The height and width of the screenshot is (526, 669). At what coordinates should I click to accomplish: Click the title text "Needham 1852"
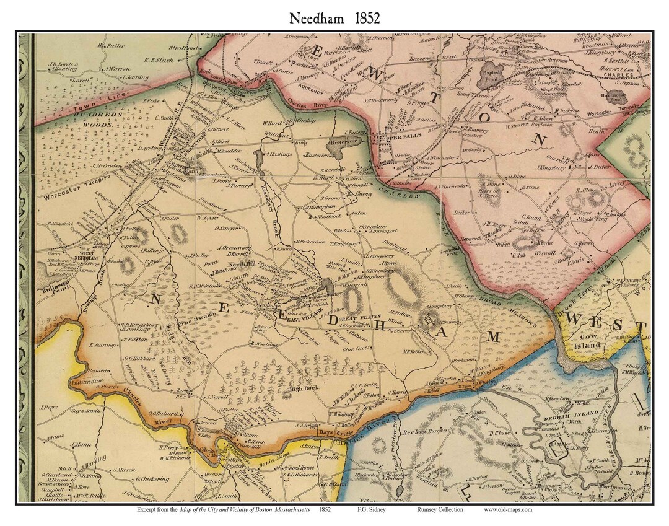coord(334,19)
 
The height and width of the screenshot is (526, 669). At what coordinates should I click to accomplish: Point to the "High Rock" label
coord(300,388)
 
